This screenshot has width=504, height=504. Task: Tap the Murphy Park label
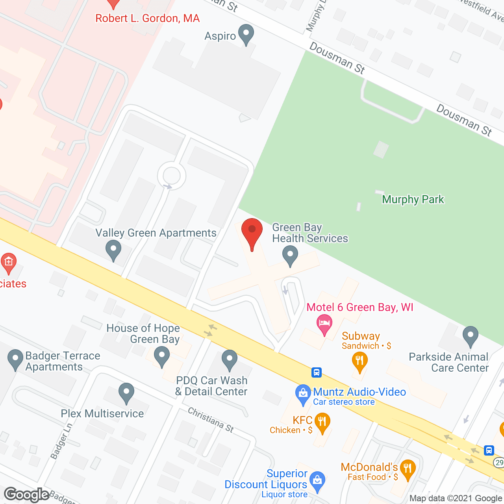[413, 199]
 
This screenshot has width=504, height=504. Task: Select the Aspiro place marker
[246, 34]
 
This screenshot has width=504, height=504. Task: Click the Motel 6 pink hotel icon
[324, 324]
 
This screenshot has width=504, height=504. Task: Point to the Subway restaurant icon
[359, 361]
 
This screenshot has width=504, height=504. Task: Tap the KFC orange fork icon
[322, 422]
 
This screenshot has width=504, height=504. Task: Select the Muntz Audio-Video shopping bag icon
[303, 394]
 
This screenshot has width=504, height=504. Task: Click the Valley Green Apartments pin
[113, 250]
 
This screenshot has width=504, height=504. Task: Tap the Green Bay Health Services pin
[290, 255]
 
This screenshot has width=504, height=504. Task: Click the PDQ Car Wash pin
[229, 360]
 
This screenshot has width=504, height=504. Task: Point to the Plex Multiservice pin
[126, 393]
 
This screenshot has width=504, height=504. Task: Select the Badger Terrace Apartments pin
[15, 359]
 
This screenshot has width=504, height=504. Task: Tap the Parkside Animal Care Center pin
[470, 336]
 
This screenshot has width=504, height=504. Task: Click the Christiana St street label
[211, 420]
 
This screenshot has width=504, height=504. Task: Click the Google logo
[27, 495]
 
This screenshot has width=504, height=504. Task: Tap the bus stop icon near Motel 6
[316, 372]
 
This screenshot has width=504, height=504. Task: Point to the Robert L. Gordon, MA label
[148, 19]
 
